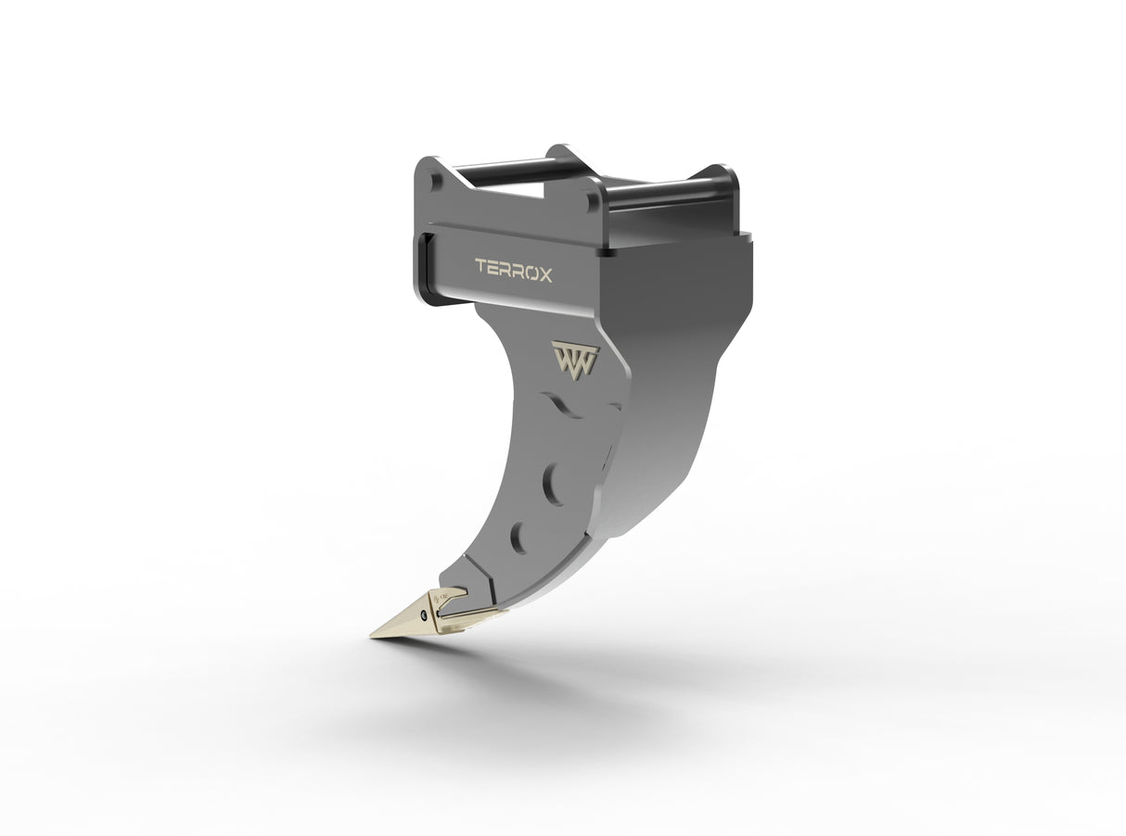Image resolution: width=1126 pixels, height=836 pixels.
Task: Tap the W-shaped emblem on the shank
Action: pos(575,357)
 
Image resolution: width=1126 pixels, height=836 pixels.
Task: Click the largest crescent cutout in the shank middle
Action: pos(552,484)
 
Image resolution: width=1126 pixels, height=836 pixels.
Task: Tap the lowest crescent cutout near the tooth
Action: pos(518,537)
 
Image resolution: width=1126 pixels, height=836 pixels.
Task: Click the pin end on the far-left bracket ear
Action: pos(436,181)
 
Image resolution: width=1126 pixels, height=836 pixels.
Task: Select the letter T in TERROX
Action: pos(481,268)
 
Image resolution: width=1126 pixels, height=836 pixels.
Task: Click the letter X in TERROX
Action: pos(544,274)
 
